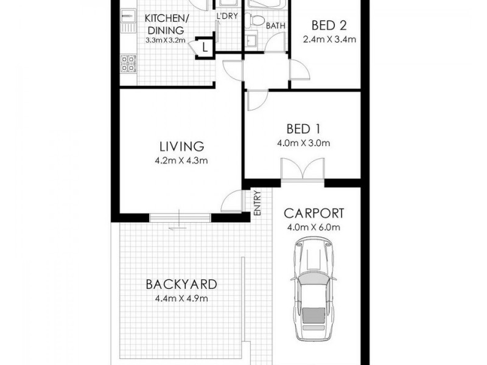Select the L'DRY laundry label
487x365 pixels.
point(227,16)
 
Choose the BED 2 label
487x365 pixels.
point(329,26)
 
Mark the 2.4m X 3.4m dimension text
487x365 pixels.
point(329,40)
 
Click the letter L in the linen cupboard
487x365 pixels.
point(205,47)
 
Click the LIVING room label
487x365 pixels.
point(181,147)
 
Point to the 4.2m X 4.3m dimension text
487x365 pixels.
point(181,161)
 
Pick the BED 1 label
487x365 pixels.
point(303,129)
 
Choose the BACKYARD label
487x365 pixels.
point(181,283)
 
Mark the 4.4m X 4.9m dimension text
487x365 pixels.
point(181,298)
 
